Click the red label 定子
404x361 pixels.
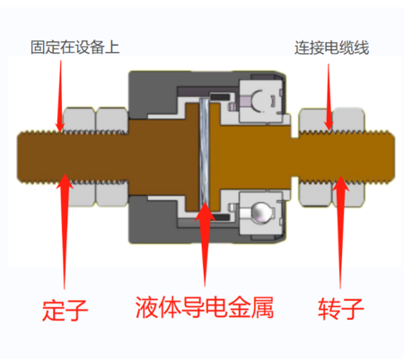(x=65, y=310)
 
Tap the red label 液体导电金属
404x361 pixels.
(x=205, y=307)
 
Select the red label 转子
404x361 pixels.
(x=341, y=309)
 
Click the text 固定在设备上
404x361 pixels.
(x=75, y=48)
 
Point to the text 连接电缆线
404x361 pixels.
(x=331, y=48)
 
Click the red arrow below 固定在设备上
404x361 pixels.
(x=60, y=96)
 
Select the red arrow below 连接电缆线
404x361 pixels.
(x=329, y=97)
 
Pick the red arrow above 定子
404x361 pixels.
(x=65, y=231)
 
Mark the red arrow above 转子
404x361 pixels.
(x=340, y=233)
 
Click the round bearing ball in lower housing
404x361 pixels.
(x=259, y=212)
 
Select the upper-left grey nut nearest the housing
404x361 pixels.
(x=112, y=119)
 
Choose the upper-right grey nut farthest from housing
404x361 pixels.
(x=348, y=120)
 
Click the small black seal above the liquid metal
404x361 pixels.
(x=220, y=97)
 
